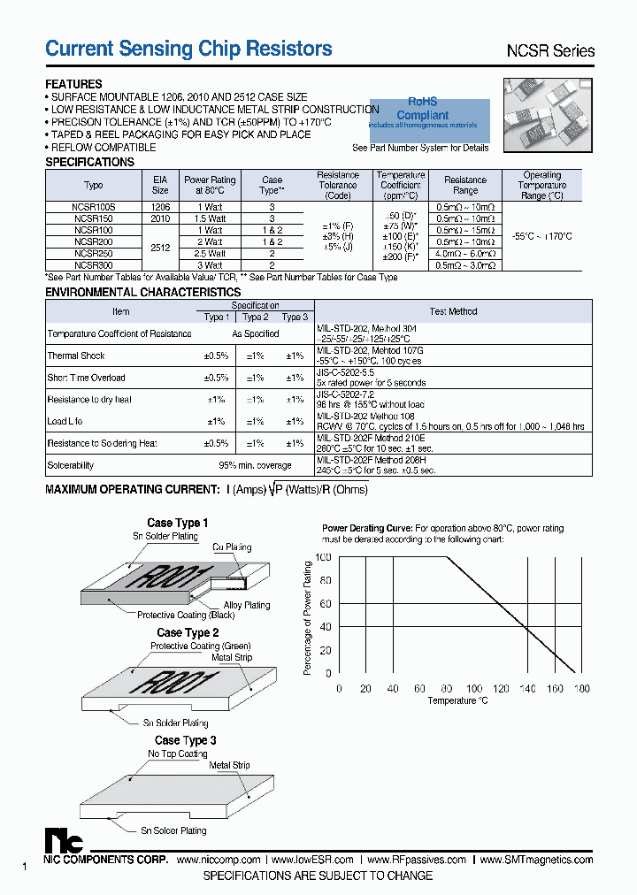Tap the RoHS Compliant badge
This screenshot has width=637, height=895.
423,110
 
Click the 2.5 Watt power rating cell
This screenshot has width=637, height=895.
209,253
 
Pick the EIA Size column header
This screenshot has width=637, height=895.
160,184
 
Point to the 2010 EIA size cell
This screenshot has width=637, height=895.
160,218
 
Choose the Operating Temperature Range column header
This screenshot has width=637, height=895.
541,185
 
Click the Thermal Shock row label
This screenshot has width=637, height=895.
76,356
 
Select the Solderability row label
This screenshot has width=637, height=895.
71,465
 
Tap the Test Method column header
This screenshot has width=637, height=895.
453,311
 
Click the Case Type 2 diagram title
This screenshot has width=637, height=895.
188,633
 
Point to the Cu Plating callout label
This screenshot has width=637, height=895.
232,548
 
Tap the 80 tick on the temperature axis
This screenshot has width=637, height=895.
448,688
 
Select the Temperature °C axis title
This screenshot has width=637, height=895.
457,700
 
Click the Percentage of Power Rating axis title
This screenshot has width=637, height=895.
308,617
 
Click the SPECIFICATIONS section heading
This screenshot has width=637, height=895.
89,163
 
